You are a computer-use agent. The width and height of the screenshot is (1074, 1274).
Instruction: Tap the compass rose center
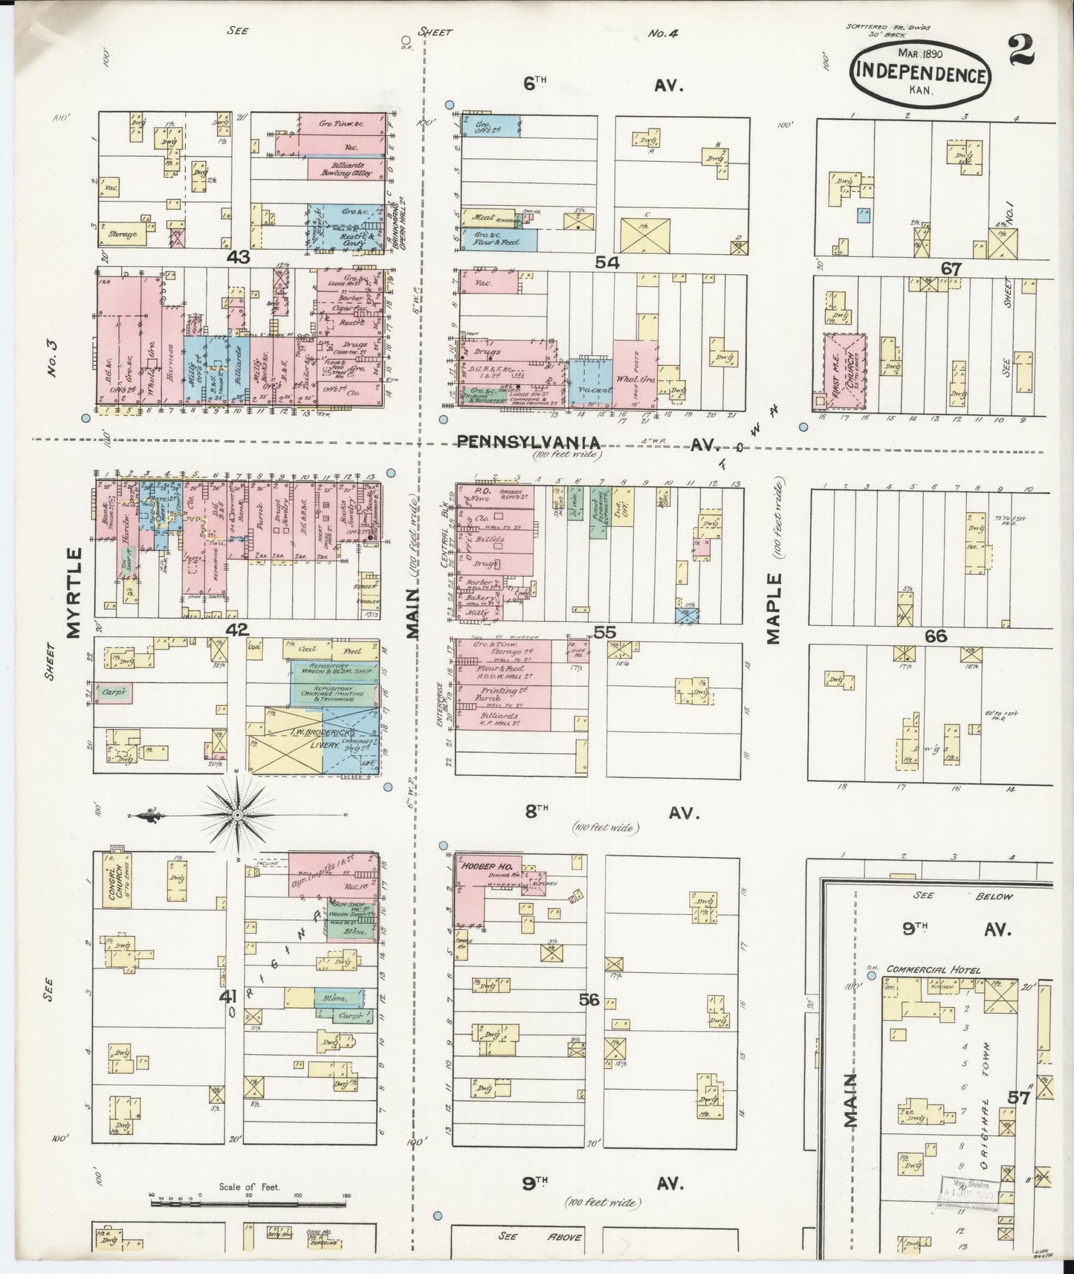237,815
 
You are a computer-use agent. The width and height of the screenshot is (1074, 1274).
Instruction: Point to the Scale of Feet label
249,1187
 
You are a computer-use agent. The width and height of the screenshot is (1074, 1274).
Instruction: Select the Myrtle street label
74,592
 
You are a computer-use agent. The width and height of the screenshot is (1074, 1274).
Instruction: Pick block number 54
606,262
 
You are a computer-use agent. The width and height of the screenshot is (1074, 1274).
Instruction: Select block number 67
951,268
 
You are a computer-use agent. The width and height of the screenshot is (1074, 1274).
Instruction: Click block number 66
936,636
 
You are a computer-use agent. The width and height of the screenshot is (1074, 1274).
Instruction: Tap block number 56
589,1000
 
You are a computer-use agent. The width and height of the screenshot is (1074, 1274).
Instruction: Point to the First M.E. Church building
844,372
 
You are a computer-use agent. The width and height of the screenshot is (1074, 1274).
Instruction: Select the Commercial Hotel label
934,969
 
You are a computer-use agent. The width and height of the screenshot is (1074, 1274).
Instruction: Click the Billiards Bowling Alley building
345,169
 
